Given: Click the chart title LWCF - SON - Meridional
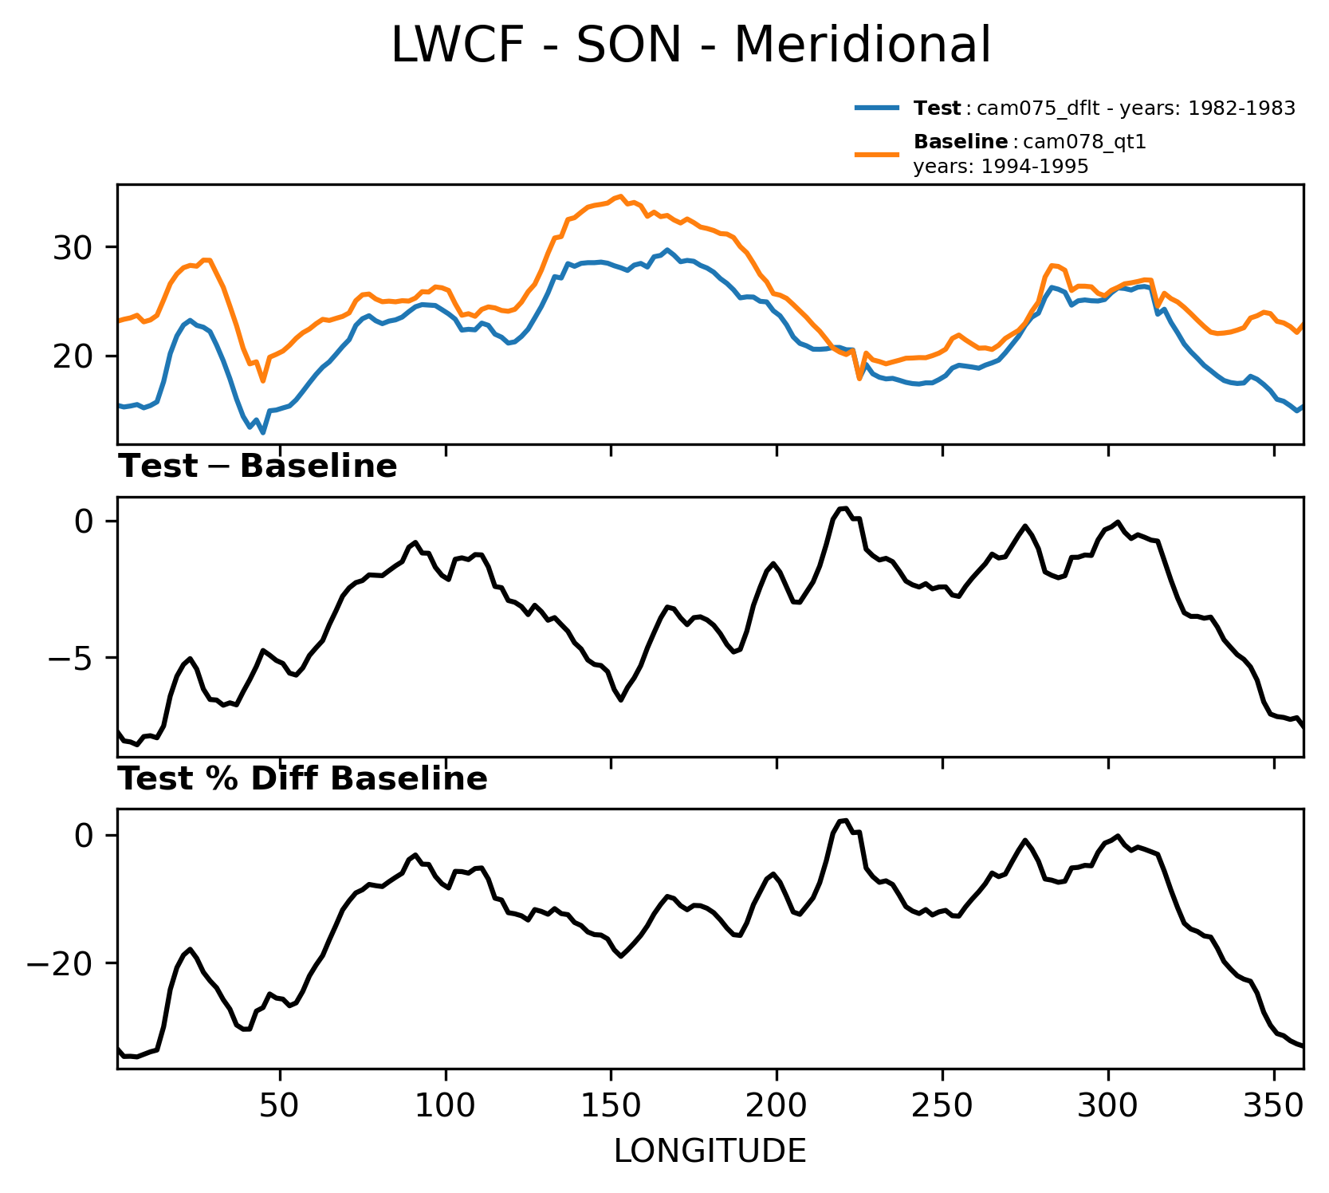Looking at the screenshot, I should click(x=690, y=45).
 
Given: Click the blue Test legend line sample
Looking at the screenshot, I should click(x=878, y=108).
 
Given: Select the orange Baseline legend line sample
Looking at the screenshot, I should click(x=878, y=154).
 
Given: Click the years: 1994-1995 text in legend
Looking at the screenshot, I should click(x=1001, y=167).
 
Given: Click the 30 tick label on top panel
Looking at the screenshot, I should click(x=73, y=248).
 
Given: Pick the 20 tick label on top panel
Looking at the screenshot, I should click(x=73, y=356).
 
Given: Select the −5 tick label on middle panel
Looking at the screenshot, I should click(x=67, y=659).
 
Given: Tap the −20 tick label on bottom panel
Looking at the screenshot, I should click(x=61, y=964).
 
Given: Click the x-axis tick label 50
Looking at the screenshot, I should click(x=280, y=1107).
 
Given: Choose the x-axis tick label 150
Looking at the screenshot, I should click(x=611, y=1107).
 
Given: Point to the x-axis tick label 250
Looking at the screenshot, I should click(x=942, y=1107).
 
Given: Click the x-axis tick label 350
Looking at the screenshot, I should click(x=1273, y=1107).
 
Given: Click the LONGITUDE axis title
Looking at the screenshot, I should click(x=710, y=1151).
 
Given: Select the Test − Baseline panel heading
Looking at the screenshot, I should click(x=258, y=467).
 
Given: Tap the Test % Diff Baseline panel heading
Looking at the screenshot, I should click(x=303, y=779).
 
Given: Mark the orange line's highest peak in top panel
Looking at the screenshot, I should click(x=620, y=196).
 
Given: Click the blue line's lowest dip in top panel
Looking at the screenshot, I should click(x=262, y=432).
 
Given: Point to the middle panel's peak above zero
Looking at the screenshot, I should click(x=843, y=508).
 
